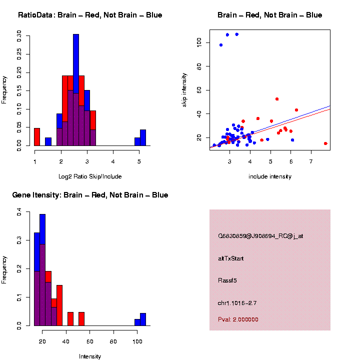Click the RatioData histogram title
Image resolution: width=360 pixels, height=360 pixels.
[x=90, y=15]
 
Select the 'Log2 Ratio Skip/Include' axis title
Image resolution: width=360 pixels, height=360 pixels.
[x=90, y=176]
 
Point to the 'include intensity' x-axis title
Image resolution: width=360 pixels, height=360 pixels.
[x=269, y=176]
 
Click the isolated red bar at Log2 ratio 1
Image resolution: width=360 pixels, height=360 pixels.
[x=37, y=137]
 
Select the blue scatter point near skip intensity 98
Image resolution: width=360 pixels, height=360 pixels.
[x=221, y=45]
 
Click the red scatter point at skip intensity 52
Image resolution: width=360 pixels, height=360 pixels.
[x=277, y=99]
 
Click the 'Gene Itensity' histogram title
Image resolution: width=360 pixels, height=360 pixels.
[x=90, y=195]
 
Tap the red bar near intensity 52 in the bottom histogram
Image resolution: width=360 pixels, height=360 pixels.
[x=81, y=319]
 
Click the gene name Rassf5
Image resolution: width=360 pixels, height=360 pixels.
[x=227, y=280]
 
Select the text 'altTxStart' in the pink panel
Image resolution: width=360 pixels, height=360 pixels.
[x=231, y=258]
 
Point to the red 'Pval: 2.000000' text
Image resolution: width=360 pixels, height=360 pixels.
[x=238, y=319]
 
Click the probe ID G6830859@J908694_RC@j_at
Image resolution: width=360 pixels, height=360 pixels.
[x=260, y=236]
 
